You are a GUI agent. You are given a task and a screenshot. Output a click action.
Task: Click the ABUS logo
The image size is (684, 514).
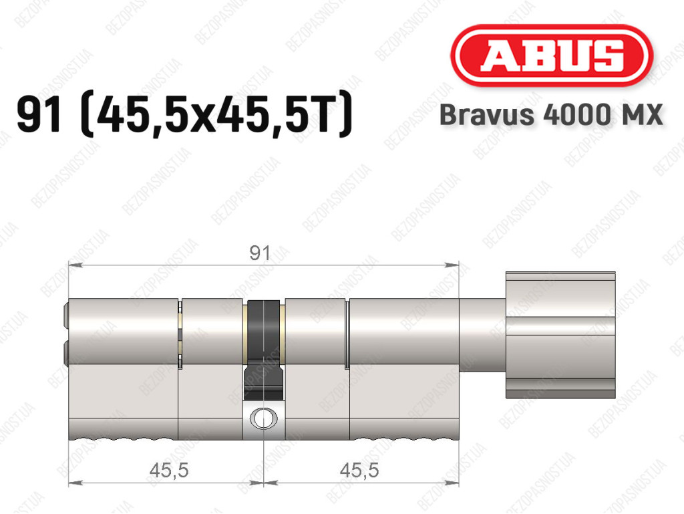[551, 55]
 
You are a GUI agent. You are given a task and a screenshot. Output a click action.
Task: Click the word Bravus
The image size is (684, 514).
[487, 115]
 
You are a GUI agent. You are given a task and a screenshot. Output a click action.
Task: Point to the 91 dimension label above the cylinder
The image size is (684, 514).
[260, 253]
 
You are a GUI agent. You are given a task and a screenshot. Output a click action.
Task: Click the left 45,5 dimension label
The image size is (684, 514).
[169, 471]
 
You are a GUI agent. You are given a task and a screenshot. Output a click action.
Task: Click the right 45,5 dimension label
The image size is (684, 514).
[359, 471]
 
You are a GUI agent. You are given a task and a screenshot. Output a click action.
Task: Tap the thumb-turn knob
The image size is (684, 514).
[560, 335]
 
